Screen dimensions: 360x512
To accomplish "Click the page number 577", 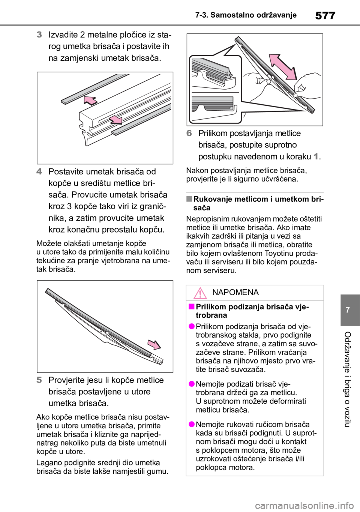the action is [x=325, y=15].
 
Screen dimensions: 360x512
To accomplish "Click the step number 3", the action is [x=39, y=35].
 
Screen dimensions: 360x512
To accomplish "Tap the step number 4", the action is [x=39, y=171].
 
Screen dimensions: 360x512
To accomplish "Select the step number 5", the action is [x=39, y=380].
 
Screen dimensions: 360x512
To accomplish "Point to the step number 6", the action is [x=189, y=133].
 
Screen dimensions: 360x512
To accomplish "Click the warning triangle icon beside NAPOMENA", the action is [x=200, y=293].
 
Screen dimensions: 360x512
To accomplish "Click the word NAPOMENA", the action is [x=235, y=292].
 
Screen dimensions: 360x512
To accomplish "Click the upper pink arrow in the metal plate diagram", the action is [x=90, y=101].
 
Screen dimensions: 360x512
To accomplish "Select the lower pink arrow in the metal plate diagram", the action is [x=115, y=119].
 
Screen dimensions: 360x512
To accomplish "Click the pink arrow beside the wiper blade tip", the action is [x=154, y=344].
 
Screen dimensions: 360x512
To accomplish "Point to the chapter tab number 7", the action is [x=348, y=310].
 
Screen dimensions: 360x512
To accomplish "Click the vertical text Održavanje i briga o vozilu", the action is [x=347, y=380].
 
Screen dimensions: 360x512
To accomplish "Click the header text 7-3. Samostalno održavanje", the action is [x=246, y=15].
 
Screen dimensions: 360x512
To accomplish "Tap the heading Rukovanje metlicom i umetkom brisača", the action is [x=258, y=203].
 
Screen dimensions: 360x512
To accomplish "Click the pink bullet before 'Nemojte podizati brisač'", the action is [x=192, y=383].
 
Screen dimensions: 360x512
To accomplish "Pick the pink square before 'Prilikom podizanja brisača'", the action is [x=191, y=306].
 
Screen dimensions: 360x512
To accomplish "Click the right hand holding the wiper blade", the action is [x=306, y=84].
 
